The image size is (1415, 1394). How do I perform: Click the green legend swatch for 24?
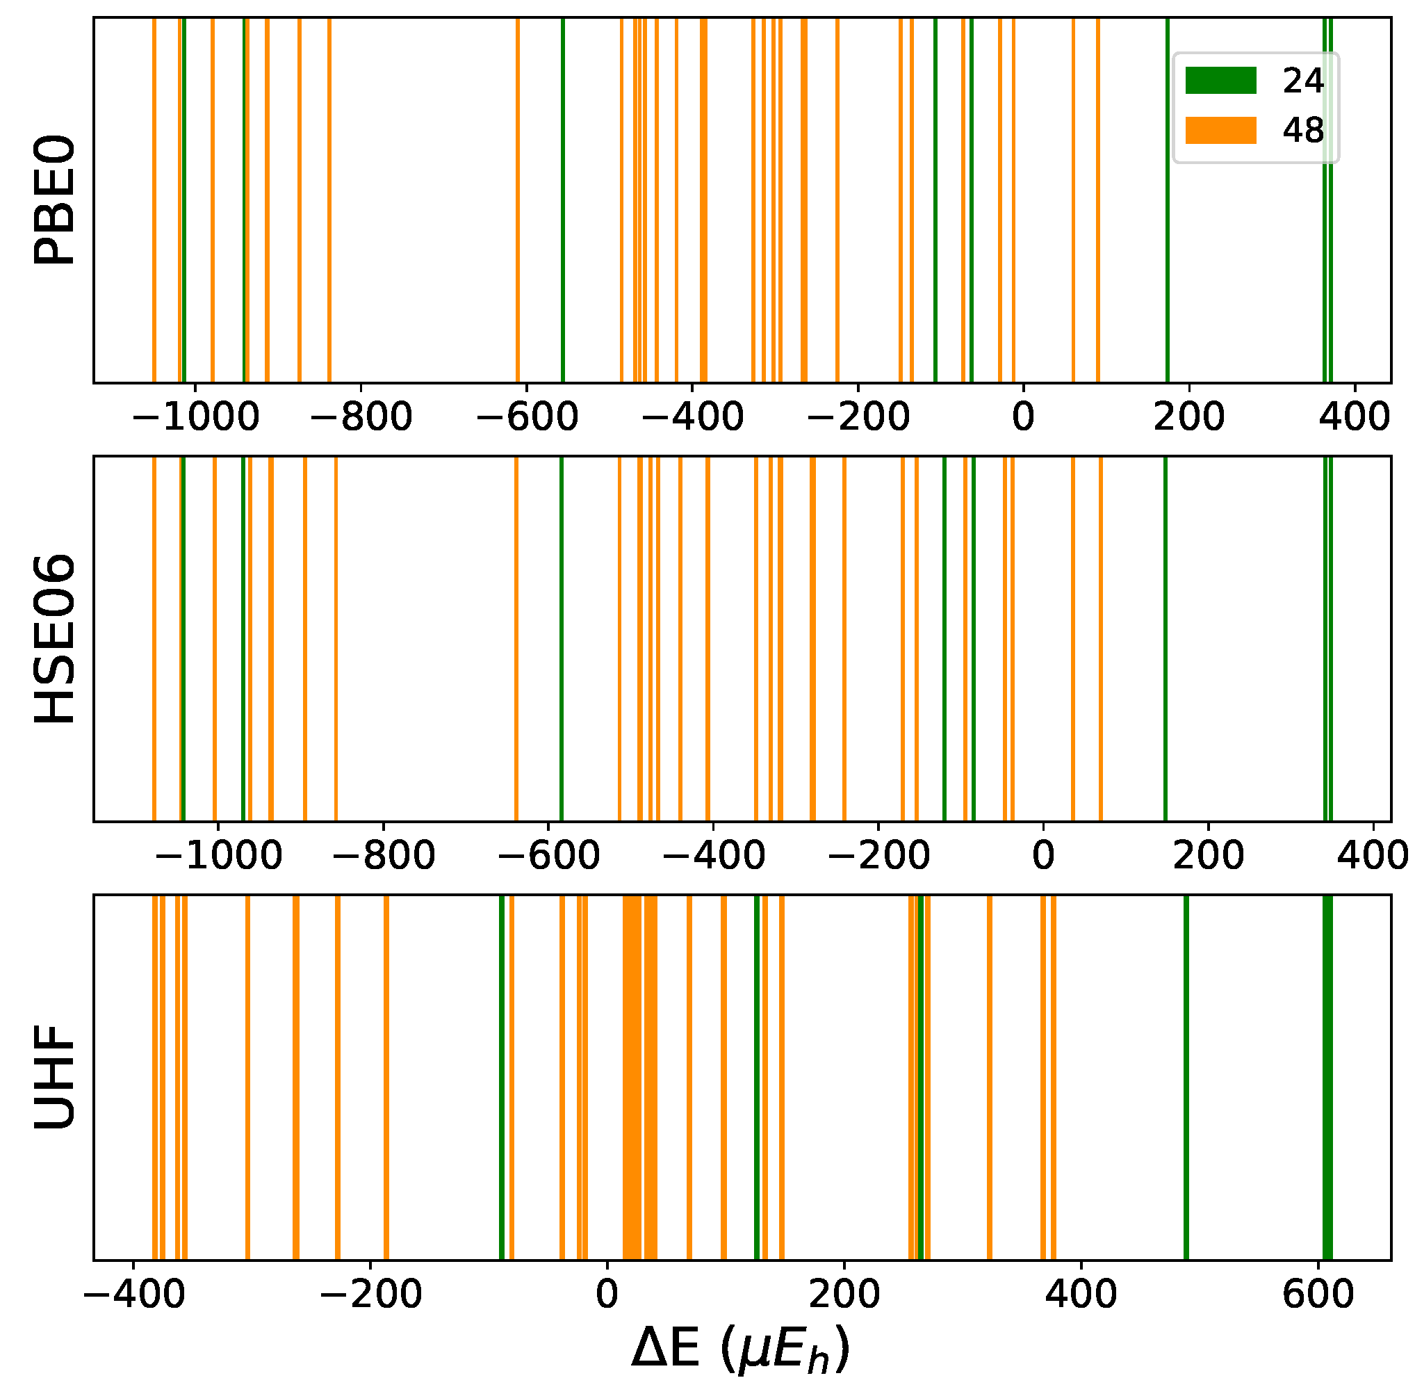(x=1220, y=80)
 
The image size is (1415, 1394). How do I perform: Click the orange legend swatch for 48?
(x=1220, y=129)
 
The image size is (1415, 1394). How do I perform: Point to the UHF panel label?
(x=55, y=1076)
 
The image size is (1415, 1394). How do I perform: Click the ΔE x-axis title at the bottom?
(x=741, y=1349)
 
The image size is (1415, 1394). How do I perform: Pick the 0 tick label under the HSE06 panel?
(x=1042, y=855)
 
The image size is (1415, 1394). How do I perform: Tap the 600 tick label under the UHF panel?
(x=1318, y=1294)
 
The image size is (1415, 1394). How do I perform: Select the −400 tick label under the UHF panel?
(x=133, y=1294)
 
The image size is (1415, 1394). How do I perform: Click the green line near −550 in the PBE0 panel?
(x=562, y=199)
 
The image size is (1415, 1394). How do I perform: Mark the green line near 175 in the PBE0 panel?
(x=1167, y=199)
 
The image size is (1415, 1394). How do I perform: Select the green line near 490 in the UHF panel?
(x=1185, y=1076)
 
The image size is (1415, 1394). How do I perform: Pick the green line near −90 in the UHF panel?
(x=502, y=1076)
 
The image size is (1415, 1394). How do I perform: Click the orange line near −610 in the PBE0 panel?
(x=517, y=199)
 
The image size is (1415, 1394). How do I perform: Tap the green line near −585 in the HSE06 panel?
(x=561, y=638)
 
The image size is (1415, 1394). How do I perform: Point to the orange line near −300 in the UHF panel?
(x=247, y=1076)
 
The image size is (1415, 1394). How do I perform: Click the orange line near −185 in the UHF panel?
(x=386, y=1076)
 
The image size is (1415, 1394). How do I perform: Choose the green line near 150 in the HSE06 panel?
(x=1165, y=638)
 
